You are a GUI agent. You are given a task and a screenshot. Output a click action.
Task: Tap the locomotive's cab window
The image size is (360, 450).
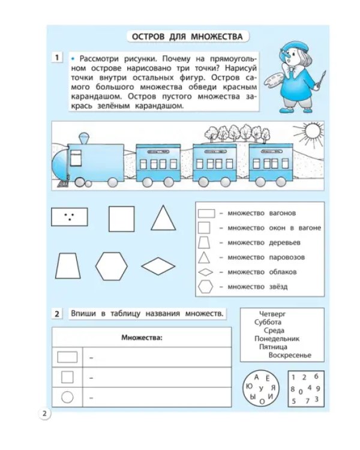point(76,158)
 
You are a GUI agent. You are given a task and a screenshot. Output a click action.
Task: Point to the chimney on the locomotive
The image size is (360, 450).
point(84,139)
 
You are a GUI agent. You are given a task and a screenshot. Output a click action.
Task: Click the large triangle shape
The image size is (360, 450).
point(163,218)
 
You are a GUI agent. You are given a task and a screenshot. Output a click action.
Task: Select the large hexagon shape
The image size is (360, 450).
point(111,266)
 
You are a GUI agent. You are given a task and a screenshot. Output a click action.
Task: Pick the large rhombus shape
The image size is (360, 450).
point(158,266)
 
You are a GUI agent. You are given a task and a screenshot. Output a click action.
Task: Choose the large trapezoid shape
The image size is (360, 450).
point(68,266)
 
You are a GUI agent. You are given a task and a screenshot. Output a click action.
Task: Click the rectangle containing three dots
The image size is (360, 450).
point(70,217)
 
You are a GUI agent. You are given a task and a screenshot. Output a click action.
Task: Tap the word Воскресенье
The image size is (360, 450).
point(290,355)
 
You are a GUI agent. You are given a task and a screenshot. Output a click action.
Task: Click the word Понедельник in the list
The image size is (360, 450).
point(277,338)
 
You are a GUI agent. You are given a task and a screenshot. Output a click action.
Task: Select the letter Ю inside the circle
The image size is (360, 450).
point(249,386)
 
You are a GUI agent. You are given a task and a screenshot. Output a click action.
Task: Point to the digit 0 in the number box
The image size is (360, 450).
point(301,392)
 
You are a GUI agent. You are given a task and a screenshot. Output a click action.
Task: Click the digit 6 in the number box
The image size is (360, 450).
point(316,376)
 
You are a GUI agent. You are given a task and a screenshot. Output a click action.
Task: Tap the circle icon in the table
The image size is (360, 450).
point(67,397)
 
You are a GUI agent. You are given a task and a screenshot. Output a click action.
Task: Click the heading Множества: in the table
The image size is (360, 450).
point(142,337)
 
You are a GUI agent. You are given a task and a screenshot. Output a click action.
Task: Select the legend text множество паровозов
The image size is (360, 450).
point(266,257)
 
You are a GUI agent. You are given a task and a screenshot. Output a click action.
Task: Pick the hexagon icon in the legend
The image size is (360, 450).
point(205,287)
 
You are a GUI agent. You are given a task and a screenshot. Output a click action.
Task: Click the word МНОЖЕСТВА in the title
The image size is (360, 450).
point(217,37)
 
